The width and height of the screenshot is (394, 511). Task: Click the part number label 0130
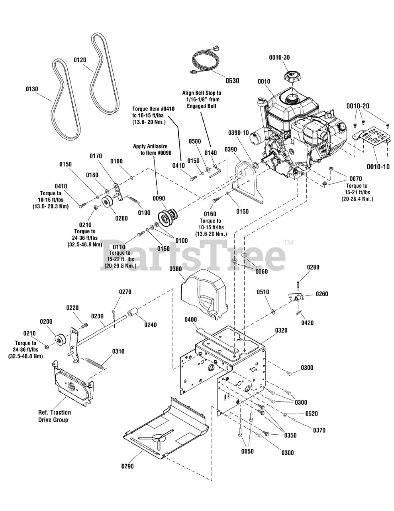click(x=31, y=89)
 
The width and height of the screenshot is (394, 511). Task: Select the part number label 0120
click(x=80, y=60)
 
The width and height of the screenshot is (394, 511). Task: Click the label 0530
click(x=232, y=81)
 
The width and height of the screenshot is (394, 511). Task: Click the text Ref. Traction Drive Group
click(x=54, y=416)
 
